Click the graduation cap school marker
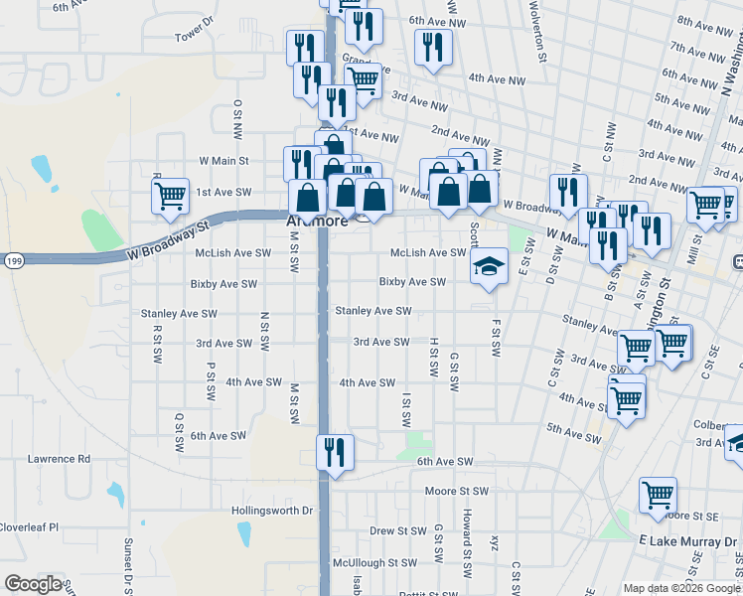pos(489,266)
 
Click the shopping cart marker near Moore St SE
pos(659,494)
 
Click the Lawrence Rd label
pos(59,459)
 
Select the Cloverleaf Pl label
pos(29,527)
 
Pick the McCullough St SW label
pos(374,562)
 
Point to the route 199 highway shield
pos(12,260)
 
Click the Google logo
pos(33,584)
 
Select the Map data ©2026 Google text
pos(681,588)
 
